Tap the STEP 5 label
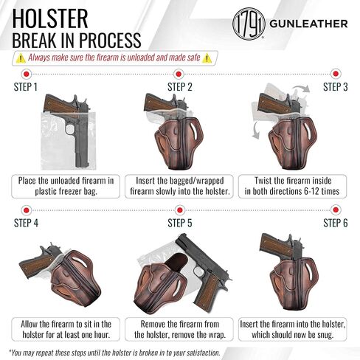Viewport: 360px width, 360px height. tap(180, 221)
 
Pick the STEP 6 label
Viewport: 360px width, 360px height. tap(336, 221)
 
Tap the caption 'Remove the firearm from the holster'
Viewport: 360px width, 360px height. tap(180, 324)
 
